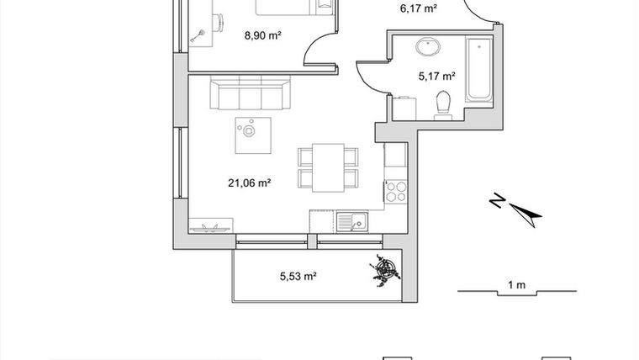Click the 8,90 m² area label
(x=261, y=35)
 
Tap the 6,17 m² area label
(x=418, y=9)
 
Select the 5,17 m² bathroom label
(x=436, y=76)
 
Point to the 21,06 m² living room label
(x=249, y=181)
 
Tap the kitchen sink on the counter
(x=352, y=221)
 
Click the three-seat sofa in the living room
(x=249, y=94)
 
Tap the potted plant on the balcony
(x=387, y=269)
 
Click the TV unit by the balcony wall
(x=212, y=227)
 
